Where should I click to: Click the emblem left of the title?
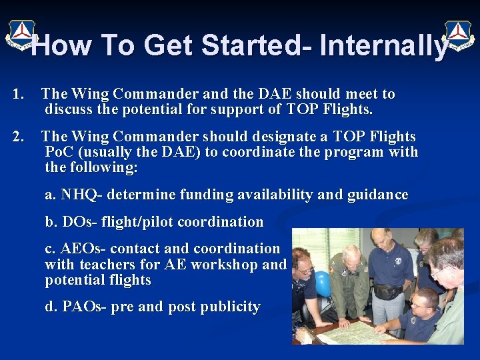pyautogui.click(x=21, y=35)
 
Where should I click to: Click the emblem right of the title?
pyautogui.click(x=459, y=35)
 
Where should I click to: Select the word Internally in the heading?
pyautogui.click(x=383, y=46)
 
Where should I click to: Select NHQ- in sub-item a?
pyautogui.click(x=82, y=195)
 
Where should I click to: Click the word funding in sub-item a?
pyautogui.click(x=201, y=195)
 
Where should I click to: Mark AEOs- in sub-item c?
pyautogui.click(x=84, y=248)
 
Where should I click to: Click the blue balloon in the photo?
pyautogui.click(x=323, y=283)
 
